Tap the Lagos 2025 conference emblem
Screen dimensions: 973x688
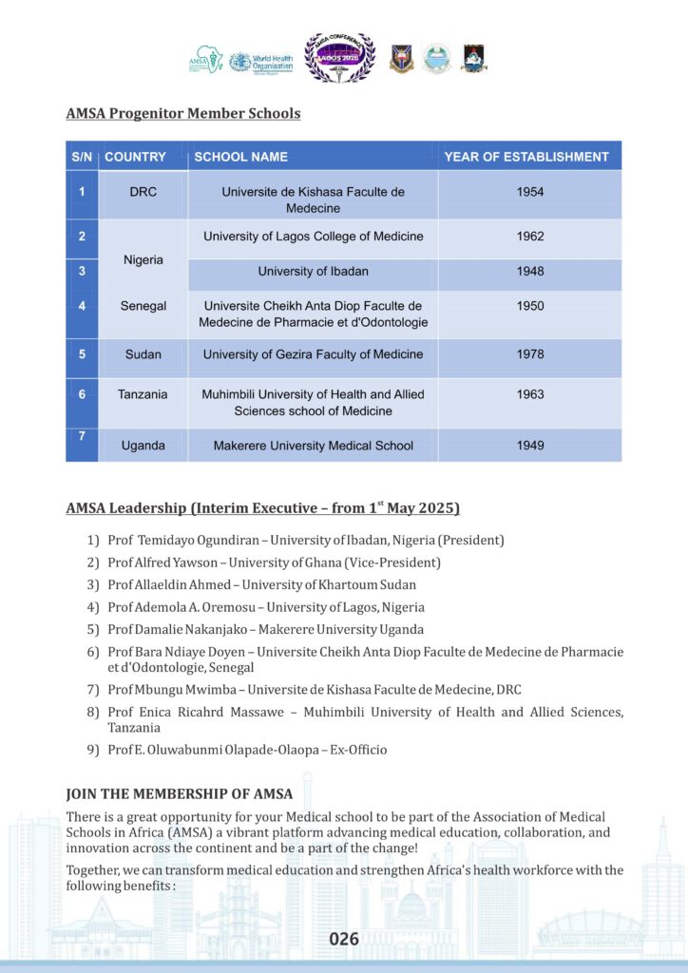(x=339, y=58)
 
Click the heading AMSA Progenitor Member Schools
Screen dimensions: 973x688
(x=183, y=114)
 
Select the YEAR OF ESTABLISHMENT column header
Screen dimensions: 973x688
(x=526, y=157)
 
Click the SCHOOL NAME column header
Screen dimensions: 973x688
(x=240, y=157)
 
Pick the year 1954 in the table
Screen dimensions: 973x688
(x=530, y=192)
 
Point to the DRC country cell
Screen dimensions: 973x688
(x=143, y=192)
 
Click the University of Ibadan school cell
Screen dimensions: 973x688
(x=313, y=272)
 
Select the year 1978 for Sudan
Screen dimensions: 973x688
(x=530, y=354)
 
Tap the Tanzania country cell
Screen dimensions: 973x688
(x=143, y=393)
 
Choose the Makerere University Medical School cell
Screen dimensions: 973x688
(x=313, y=446)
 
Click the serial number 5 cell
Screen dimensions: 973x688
(x=82, y=354)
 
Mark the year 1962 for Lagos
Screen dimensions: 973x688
(x=530, y=237)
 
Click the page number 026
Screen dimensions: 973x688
(x=344, y=940)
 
